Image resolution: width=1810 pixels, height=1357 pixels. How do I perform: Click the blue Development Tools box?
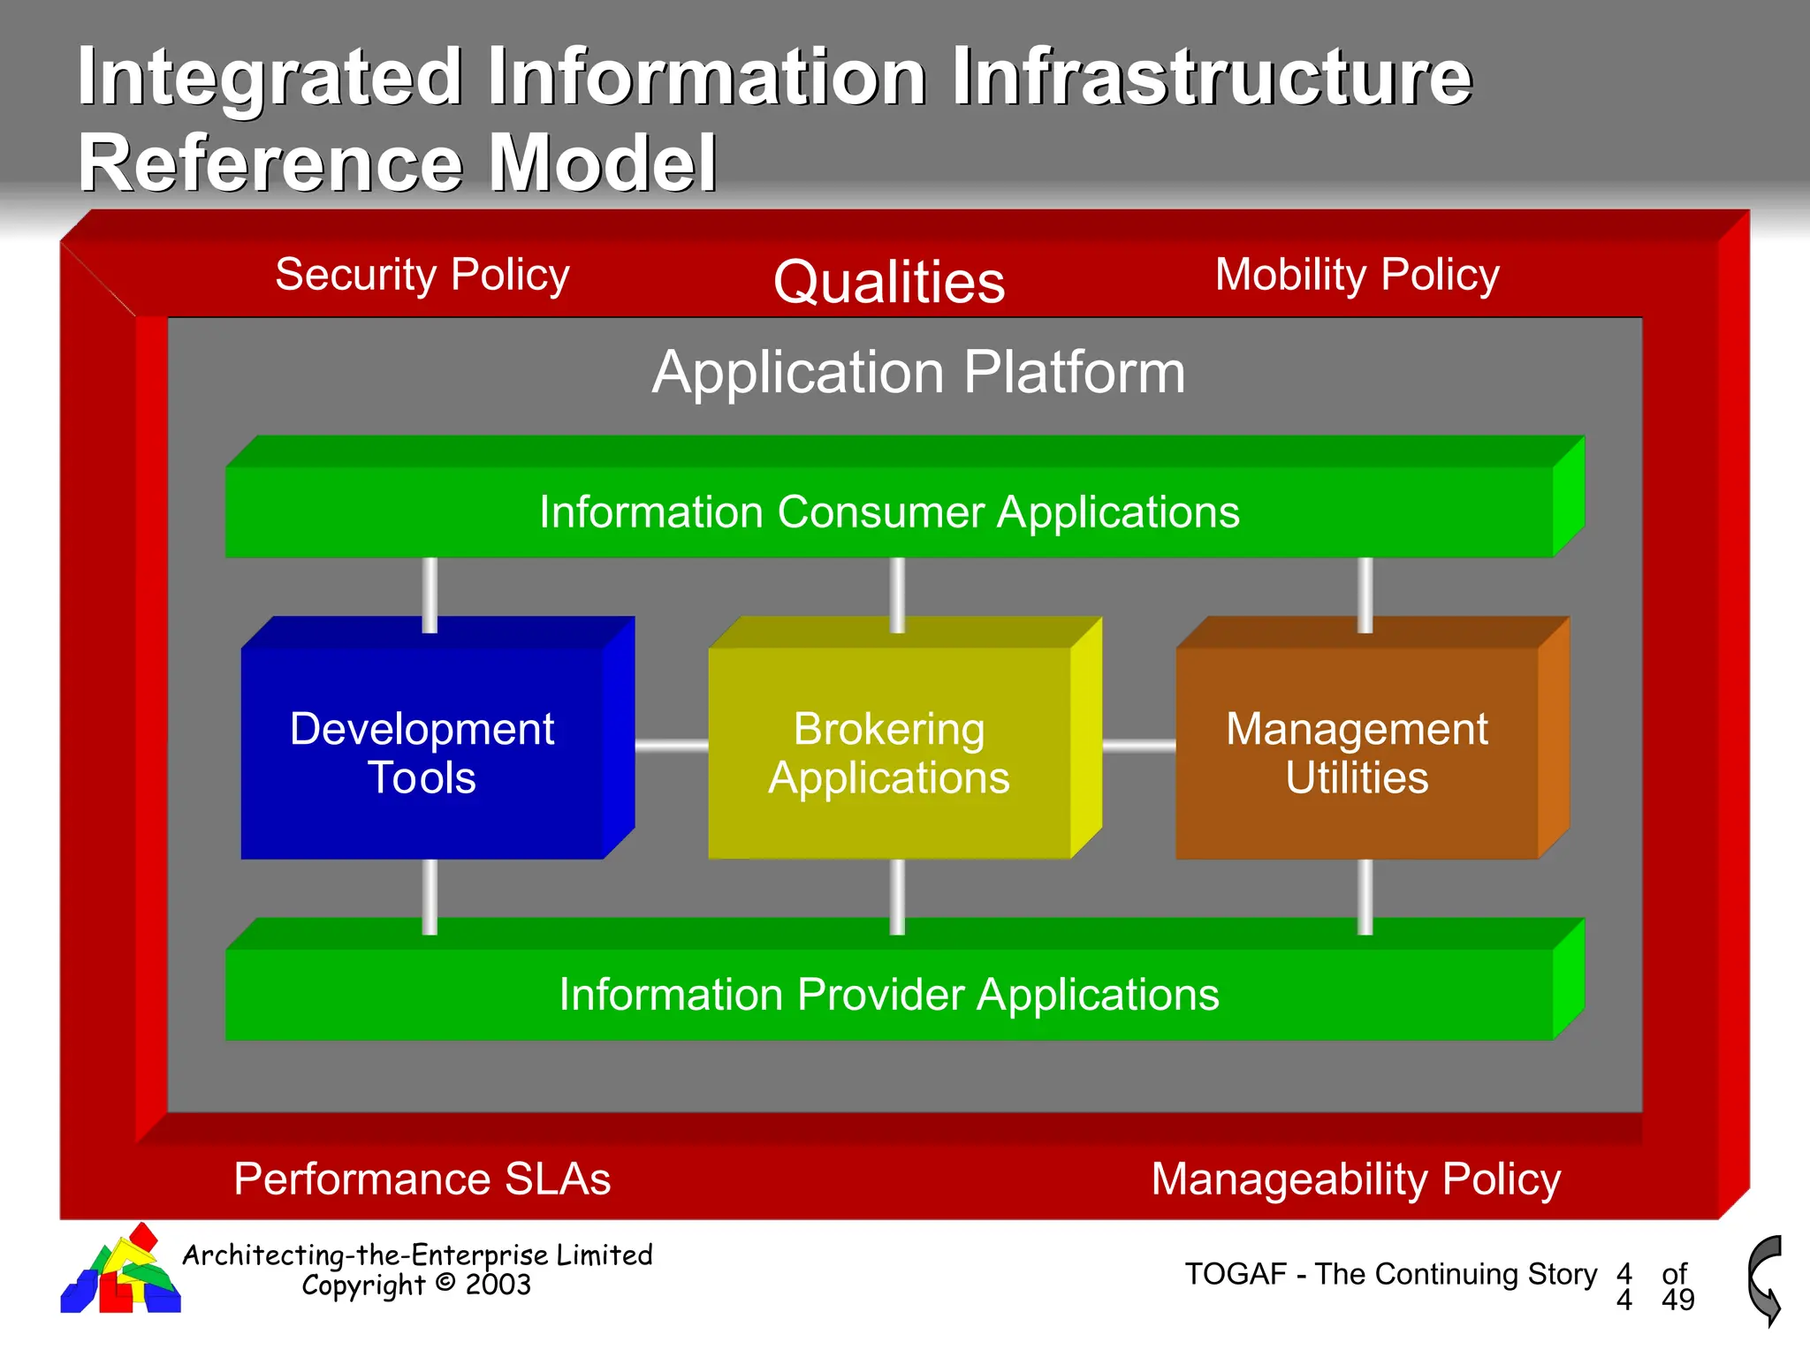[x=422, y=753]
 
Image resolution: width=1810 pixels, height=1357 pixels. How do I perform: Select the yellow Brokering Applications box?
[x=889, y=753]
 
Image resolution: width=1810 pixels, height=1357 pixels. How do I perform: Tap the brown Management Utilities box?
[x=1357, y=753]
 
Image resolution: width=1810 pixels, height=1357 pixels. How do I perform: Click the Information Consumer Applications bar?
[x=889, y=512]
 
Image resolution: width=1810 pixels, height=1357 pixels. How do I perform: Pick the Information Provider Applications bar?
[x=889, y=995]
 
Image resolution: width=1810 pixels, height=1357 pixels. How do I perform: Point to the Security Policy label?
[x=422, y=275]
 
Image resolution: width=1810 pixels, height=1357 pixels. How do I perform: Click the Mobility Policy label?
[x=1357, y=275]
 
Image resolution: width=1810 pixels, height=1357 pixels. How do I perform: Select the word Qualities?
[x=889, y=283]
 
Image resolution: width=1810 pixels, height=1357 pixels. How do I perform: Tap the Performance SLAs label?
[x=422, y=1179]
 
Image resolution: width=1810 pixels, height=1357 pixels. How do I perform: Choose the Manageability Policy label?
[x=1356, y=1179]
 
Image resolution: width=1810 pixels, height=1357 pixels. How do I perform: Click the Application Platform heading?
[x=918, y=372]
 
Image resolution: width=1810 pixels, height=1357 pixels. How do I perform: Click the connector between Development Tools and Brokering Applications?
[x=672, y=747]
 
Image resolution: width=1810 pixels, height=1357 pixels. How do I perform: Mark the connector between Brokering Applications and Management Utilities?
[x=1139, y=747]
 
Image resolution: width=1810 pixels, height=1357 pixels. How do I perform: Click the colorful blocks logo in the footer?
[x=121, y=1272]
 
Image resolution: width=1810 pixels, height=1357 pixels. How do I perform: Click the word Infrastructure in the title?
[x=1212, y=78]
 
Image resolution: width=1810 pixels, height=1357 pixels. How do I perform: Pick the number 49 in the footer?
[x=1677, y=1300]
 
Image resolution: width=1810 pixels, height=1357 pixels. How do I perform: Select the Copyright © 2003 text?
[x=416, y=1285]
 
